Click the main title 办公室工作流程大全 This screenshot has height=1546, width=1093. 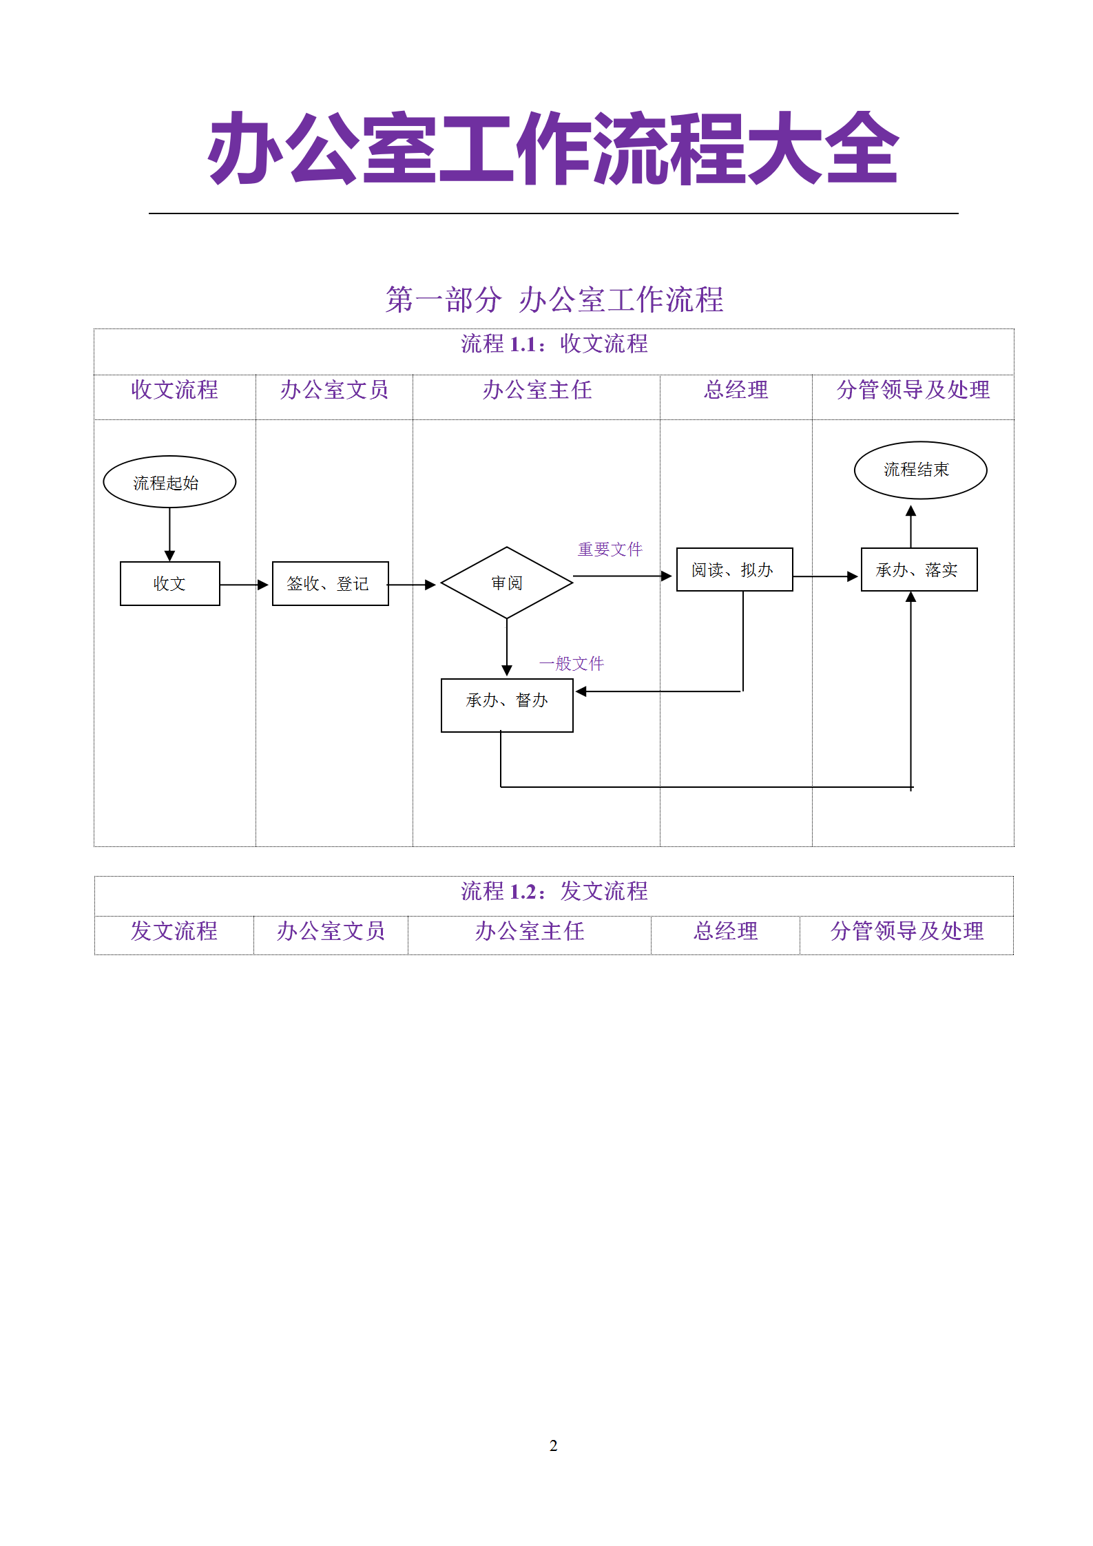pyautogui.click(x=553, y=149)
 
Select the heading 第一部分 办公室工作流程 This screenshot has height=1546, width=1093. pyautogui.click(x=554, y=300)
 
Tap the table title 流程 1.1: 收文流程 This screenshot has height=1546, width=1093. pyautogui.click(x=554, y=344)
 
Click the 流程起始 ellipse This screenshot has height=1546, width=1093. pyautogui.click(x=169, y=482)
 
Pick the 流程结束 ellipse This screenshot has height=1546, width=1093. pyautogui.click(x=920, y=470)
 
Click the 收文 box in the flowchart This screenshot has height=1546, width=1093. pyautogui.click(x=170, y=584)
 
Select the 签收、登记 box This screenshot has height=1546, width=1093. pyautogui.click(x=330, y=584)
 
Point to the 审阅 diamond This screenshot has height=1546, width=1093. pyautogui.click(x=507, y=583)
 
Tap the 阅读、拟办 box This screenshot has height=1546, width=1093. pyautogui.click(x=734, y=570)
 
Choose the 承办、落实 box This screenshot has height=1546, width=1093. pyautogui.click(x=919, y=570)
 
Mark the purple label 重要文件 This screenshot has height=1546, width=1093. pyautogui.click(x=610, y=550)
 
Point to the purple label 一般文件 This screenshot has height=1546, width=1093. pyautogui.click(x=571, y=664)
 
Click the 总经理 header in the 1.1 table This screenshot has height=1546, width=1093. pyautogui.click(x=736, y=390)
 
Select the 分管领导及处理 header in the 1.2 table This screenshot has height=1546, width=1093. pyautogui.click(x=906, y=931)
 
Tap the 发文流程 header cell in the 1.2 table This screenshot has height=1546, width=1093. pyautogui.click(x=174, y=931)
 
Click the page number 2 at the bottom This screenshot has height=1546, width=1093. pyautogui.click(x=553, y=1445)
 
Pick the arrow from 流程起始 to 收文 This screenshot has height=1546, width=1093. pyautogui.click(x=169, y=534)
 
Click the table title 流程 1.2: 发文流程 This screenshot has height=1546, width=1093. pyautogui.click(x=554, y=891)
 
